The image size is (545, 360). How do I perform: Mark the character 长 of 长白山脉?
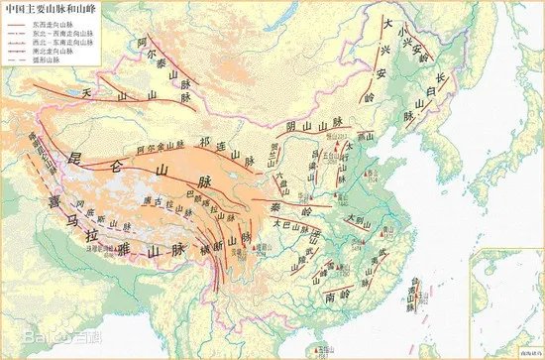click(441, 80)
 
